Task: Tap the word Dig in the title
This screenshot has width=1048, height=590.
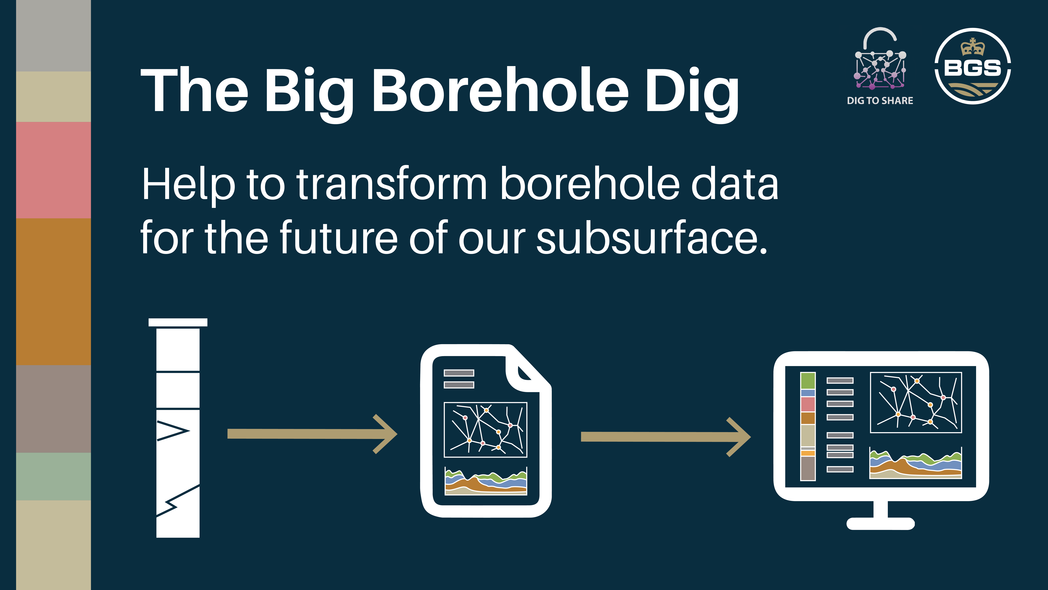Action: click(692, 92)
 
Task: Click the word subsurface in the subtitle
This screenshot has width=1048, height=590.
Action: click(651, 238)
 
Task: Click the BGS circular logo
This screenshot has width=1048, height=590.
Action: click(972, 66)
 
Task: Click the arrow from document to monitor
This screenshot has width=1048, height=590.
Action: click(665, 437)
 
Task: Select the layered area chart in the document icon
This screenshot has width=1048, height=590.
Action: click(485, 482)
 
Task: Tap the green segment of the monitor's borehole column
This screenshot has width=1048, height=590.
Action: click(808, 381)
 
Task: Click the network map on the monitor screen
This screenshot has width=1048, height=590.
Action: click(915, 402)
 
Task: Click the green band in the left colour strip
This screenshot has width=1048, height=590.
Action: click(53, 476)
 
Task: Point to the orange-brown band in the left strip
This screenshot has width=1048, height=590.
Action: click(53, 292)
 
